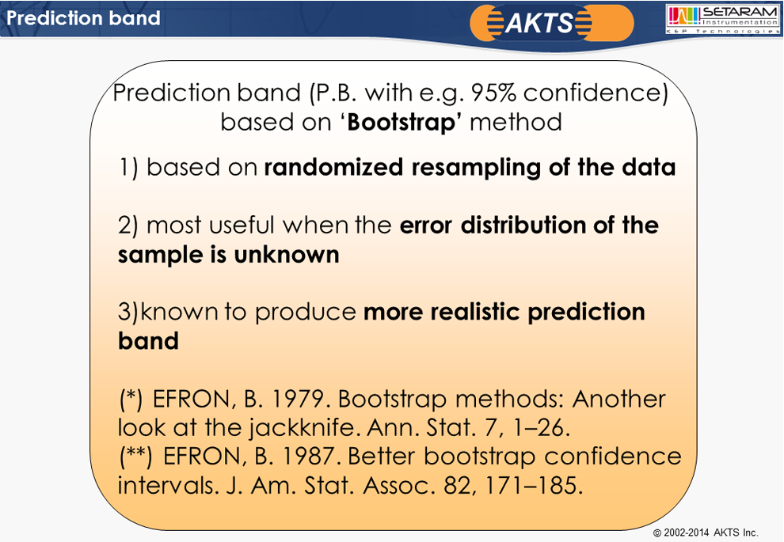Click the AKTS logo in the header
coord(551,22)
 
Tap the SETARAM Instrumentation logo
coord(723,19)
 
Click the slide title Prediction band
coord(83,18)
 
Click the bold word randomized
coord(333,167)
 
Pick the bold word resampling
coord(476,168)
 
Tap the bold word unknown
coord(287,255)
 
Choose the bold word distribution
coord(523,225)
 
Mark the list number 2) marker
coord(127,226)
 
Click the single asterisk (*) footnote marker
coord(131,400)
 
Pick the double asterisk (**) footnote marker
coord(136,457)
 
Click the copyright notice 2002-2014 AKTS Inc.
coord(706,533)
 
